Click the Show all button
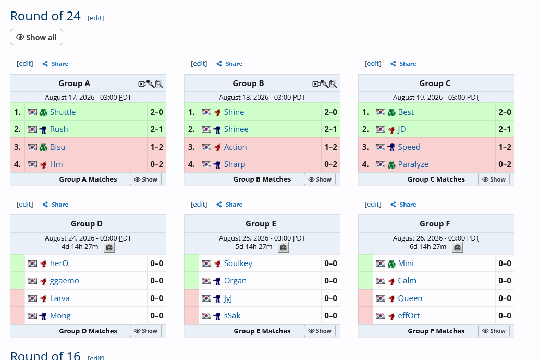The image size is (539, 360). pyautogui.click(x=36, y=37)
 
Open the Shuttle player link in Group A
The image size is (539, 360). pyautogui.click(x=63, y=112)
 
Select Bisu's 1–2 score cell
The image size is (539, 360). pyautogui.click(x=156, y=147)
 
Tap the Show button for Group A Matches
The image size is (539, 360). pyautogui.click(x=146, y=179)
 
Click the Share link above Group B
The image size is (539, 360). pyautogui.click(x=229, y=64)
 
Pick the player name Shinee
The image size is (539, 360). pyautogui.click(x=236, y=129)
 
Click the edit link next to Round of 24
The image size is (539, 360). pyautogui.click(x=95, y=18)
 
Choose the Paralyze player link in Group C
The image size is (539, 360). pyautogui.click(x=413, y=164)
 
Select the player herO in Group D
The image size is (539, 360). pyautogui.click(x=59, y=263)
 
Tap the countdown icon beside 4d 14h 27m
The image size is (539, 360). pyautogui.click(x=109, y=247)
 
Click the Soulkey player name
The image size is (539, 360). pyautogui.click(x=238, y=263)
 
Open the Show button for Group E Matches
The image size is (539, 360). pyautogui.click(x=320, y=331)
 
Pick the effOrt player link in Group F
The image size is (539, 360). pyautogui.click(x=409, y=316)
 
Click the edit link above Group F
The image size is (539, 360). pyautogui.click(x=373, y=205)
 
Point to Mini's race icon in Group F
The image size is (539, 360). pyautogui.click(x=391, y=263)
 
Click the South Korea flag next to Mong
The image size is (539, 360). pyautogui.click(x=32, y=316)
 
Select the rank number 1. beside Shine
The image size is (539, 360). pyautogui.click(x=191, y=112)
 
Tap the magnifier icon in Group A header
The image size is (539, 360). pyautogui.click(x=159, y=84)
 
